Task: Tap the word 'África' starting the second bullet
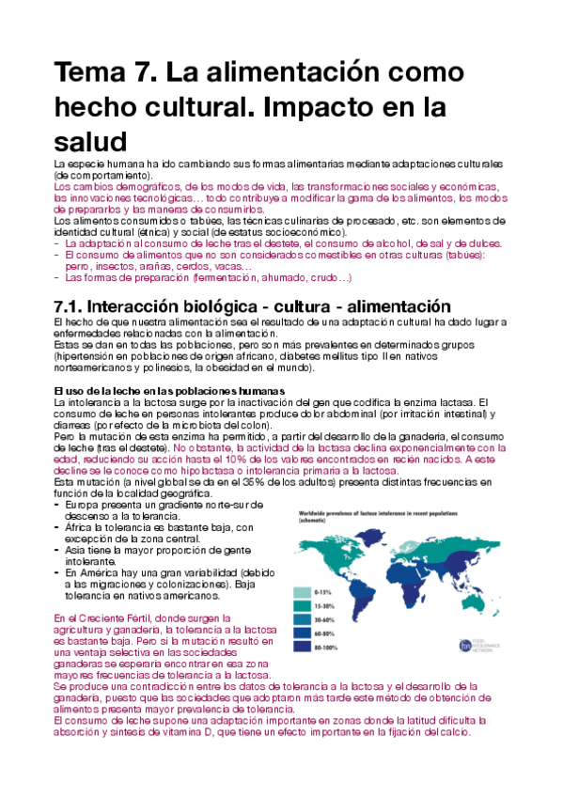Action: [x=80, y=527]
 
